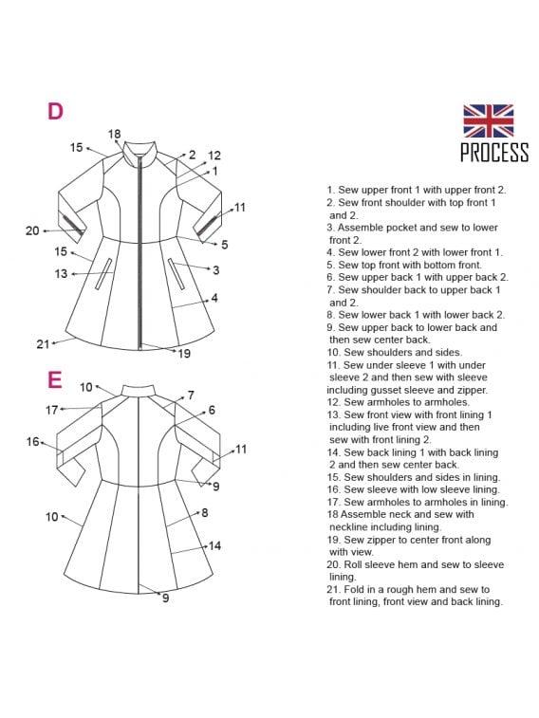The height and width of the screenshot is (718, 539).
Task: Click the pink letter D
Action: (x=55, y=111)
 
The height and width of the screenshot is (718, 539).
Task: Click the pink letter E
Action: (x=54, y=379)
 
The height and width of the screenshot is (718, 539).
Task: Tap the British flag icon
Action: (x=488, y=120)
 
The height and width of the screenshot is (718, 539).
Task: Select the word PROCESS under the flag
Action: (x=494, y=153)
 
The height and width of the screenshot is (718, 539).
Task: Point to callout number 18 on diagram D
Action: (x=114, y=134)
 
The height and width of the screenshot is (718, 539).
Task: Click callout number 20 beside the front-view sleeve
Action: (x=32, y=230)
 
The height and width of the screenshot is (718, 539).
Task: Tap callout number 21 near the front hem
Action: (x=43, y=344)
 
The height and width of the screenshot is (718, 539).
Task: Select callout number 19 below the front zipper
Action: (x=184, y=354)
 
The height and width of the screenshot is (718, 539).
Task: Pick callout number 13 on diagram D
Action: (x=61, y=274)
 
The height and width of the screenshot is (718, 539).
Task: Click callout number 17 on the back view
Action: (x=52, y=410)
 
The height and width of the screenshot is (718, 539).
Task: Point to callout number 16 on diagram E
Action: (x=33, y=441)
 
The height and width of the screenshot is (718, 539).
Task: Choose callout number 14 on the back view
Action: (x=214, y=545)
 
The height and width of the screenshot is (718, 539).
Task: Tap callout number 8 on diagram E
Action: (x=205, y=513)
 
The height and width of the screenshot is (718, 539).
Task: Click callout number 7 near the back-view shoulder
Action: (x=191, y=396)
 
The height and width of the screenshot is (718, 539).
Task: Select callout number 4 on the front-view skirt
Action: (x=214, y=298)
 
